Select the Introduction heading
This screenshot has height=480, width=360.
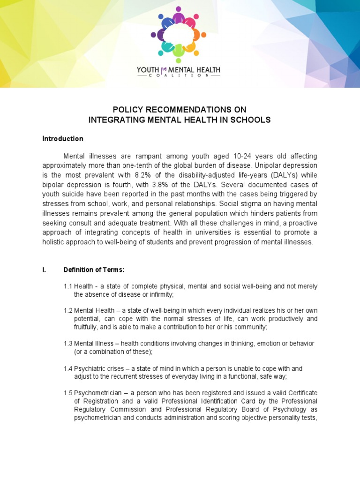click(63, 139)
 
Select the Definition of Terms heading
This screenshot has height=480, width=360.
click(94, 270)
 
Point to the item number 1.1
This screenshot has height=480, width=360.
click(68, 286)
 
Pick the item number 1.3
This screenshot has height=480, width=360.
click(68, 344)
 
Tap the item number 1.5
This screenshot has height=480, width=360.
click(68, 392)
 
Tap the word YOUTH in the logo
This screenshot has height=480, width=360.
click(148, 70)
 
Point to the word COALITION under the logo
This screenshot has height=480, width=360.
click(179, 78)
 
